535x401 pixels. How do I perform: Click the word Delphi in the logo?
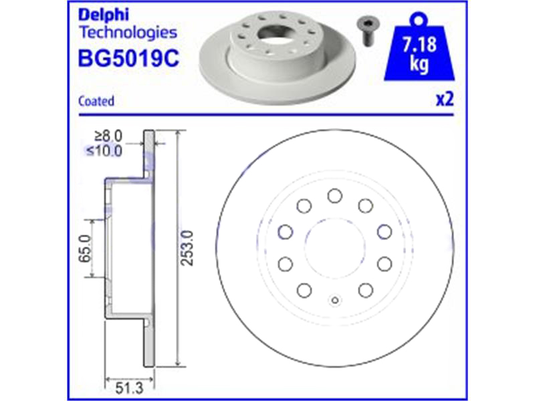(x=104, y=15)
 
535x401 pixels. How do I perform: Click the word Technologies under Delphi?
(x=128, y=33)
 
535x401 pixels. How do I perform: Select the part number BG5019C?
(x=128, y=58)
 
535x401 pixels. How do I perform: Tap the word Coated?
(x=96, y=102)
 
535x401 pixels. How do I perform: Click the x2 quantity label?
(x=445, y=100)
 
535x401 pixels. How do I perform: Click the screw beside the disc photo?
(x=367, y=31)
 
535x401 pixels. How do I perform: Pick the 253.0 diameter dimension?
(x=187, y=248)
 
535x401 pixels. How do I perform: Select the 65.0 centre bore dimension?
(x=85, y=249)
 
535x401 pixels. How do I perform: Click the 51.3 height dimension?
(x=129, y=388)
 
